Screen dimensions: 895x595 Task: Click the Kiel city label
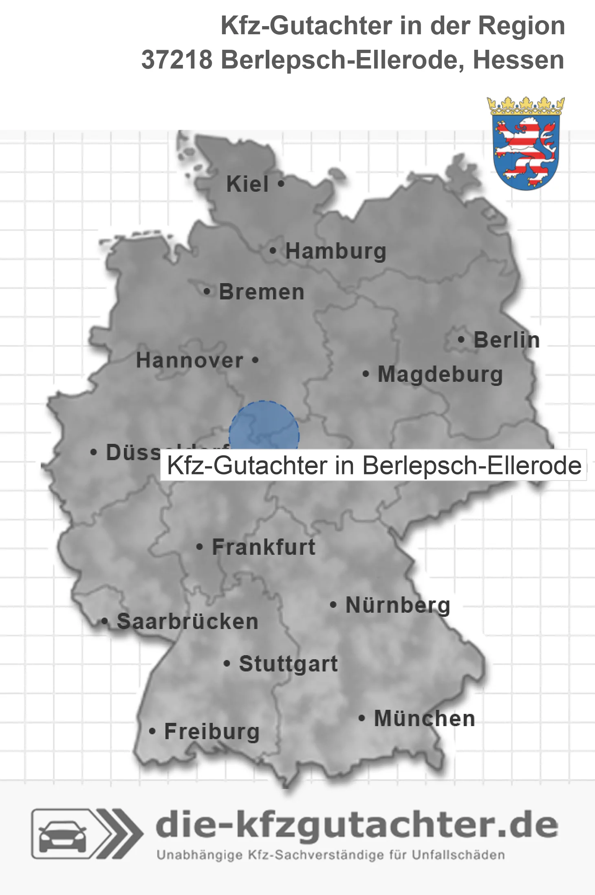(x=247, y=184)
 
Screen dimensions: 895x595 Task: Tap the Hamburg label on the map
(x=335, y=251)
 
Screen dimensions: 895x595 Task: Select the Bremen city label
(x=262, y=292)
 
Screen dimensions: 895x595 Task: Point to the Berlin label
(x=507, y=340)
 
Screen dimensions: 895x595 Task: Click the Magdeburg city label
(x=440, y=374)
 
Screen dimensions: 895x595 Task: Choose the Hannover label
(x=190, y=360)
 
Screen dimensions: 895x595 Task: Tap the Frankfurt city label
(x=264, y=547)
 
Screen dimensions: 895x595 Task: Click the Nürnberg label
(x=398, y=605)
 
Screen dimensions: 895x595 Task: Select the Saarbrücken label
(x=187, y=622)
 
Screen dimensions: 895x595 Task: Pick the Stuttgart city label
(x=288, y=664)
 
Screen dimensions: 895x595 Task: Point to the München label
(x=424, y=718)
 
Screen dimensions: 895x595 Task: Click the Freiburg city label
(x=212, y=731)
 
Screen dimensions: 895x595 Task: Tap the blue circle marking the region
(x=264, y=428)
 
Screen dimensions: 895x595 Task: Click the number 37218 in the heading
(x=177, y=60)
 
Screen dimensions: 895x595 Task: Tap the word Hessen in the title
(x=518, y=60)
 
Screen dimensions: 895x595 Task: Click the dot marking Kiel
(x=281, y=184)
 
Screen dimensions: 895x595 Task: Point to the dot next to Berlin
(x=461, y=339)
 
